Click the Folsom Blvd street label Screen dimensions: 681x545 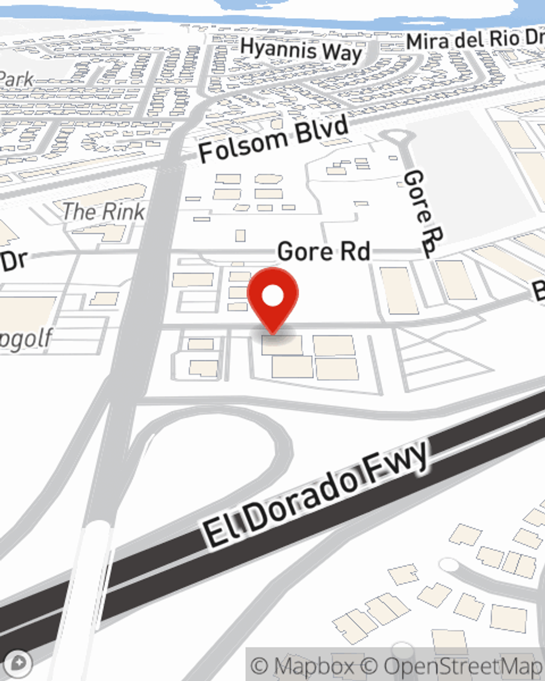coord(273,139)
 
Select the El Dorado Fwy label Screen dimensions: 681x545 coord(316,496)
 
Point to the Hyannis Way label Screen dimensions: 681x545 coord(301,51)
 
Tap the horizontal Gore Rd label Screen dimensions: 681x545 coord(324,251)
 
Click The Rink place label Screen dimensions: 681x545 coord(104,211)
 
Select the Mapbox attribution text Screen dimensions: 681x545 coord(303,666)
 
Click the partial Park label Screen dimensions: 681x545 coord(16,79)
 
